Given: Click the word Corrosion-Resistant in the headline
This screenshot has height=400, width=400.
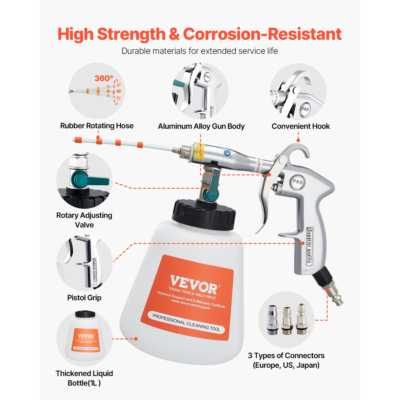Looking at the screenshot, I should coord(262,34).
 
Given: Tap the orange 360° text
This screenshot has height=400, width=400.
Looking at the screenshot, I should coord(104,78).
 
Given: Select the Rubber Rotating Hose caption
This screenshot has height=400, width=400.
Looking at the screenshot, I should coord(97,126).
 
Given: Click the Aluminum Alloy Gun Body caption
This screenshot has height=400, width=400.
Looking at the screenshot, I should coord(201,126).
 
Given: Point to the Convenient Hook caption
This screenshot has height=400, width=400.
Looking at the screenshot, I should coord(301,126).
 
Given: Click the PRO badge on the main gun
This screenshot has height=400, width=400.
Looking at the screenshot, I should coord(298,182).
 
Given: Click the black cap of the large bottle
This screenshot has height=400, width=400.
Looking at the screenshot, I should coord(204,215).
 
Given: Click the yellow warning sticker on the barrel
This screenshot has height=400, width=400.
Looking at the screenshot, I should coord(198,151).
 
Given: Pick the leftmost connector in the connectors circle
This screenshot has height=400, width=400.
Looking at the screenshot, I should coord(273,319).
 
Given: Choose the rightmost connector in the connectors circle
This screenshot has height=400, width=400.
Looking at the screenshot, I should coord(302,319).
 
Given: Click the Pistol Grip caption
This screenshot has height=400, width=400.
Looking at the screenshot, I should coord(84,298).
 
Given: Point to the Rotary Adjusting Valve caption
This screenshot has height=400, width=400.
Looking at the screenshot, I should coord(84,220).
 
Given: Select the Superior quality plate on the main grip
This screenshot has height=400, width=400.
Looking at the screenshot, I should coord(309,246).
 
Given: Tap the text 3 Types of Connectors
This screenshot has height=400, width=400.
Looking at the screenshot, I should coord(286,355).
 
